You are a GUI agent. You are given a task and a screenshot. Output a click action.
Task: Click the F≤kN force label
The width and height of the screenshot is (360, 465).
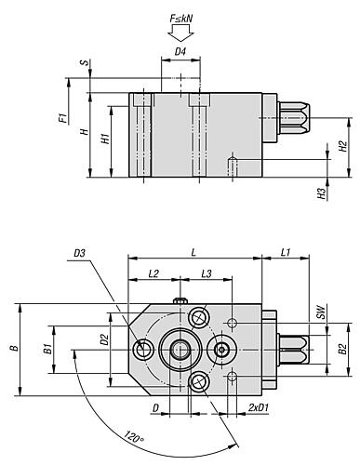coord(181,19)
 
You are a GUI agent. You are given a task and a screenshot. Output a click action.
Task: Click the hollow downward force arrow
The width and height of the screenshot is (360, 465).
coord(181,33)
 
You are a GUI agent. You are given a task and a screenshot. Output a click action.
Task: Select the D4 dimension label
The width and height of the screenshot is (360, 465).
coord(180,51)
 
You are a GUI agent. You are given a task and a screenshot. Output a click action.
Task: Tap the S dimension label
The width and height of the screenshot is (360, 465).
coord(84,62)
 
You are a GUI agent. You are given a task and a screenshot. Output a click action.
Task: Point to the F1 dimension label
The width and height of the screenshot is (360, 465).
coord(63,118)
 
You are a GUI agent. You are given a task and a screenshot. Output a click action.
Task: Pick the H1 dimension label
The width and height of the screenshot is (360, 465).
coord(106,139)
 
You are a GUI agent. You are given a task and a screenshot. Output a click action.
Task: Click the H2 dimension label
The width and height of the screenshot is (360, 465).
coord(342,146)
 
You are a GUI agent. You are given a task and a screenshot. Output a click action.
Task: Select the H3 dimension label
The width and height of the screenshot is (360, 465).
coord(323,193)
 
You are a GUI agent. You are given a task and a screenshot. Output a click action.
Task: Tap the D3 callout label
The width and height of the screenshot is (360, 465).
coord(79,253)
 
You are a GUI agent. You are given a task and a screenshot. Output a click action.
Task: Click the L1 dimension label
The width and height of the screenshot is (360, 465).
coord(286,253)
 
